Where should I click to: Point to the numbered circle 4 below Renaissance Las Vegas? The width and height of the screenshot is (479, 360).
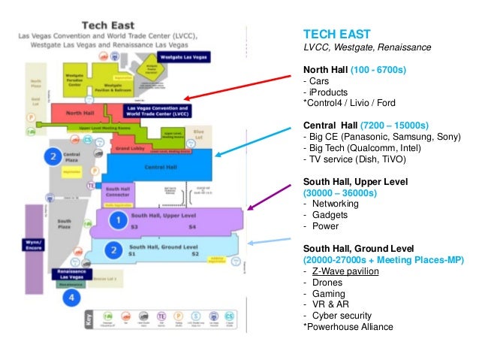click(71, 298)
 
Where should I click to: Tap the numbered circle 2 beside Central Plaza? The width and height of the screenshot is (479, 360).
click(53, 156)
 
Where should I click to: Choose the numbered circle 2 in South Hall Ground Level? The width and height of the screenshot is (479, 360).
click(113, 250)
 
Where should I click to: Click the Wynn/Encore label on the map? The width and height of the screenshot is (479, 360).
click(34, 245)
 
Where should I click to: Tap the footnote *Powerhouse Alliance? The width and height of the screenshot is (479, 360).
click(348, 327)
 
